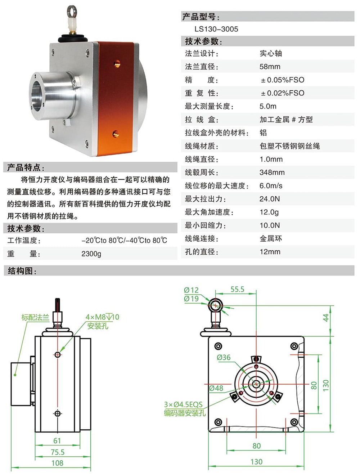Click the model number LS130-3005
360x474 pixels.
216,29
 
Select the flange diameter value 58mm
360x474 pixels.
270,67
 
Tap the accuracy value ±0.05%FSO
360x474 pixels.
282,80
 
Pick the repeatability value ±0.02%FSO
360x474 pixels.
282,93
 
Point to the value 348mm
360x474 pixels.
272,173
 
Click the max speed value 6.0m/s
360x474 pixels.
271,186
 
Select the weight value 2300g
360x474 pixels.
91,254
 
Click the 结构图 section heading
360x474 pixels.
22,271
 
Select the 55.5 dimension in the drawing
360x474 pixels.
237,289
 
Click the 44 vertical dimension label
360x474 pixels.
325,318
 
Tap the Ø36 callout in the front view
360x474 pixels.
224,357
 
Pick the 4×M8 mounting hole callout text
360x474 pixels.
102,317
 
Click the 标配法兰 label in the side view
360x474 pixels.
35,317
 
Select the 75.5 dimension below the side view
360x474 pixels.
57,452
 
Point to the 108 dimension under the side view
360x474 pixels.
57,463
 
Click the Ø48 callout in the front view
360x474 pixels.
216,388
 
